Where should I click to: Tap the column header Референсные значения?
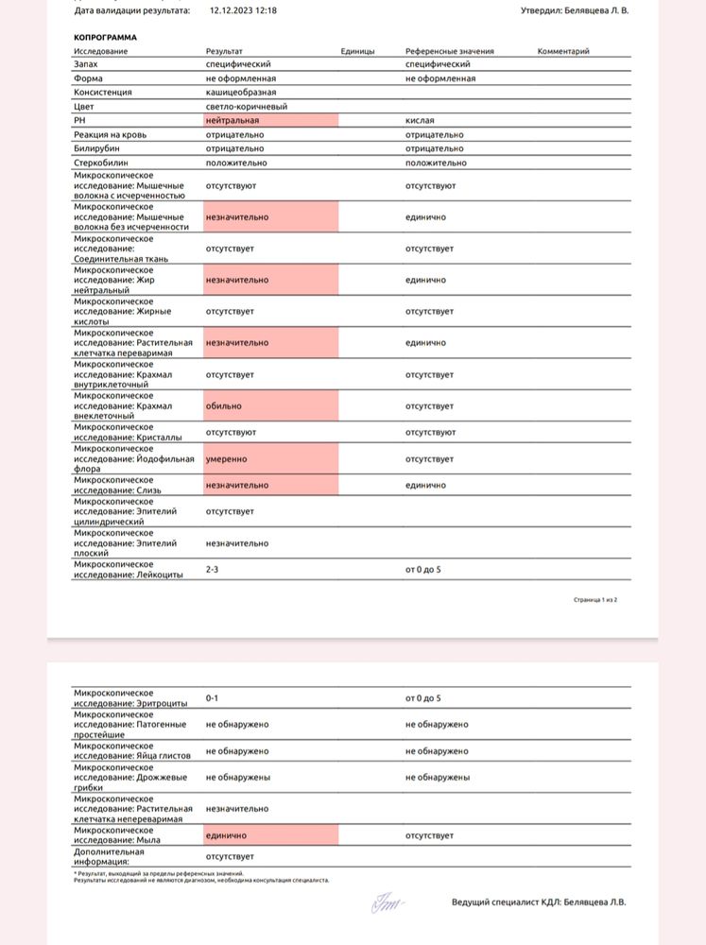pyautogui.click(x=450, y=51)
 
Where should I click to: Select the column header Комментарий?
pyautogui.click(x=563, y=51)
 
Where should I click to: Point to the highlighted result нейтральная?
pyautogui.click(x=232, y=121)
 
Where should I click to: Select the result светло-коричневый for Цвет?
pyautogui.click(x=247, y=107)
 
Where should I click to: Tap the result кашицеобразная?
pyautogui.click(x=241, y=93)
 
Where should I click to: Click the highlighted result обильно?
pyautogui.click(x=224, y=405)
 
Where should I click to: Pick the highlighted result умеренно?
pyautogui.click(x=228, y=458)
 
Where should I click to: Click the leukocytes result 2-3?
pyautogui.click(x=214, y=570)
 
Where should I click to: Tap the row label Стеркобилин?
pyautogui.click(x=100, y=163)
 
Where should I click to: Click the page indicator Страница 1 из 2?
pyautogui.click(x=595, y=599)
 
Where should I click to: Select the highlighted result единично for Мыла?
pyautogui.click(x=226, y=835)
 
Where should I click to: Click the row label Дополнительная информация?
pyautogui.click(x=113, y=855)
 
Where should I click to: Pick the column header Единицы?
pyautogui.click(x=357, y=51)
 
